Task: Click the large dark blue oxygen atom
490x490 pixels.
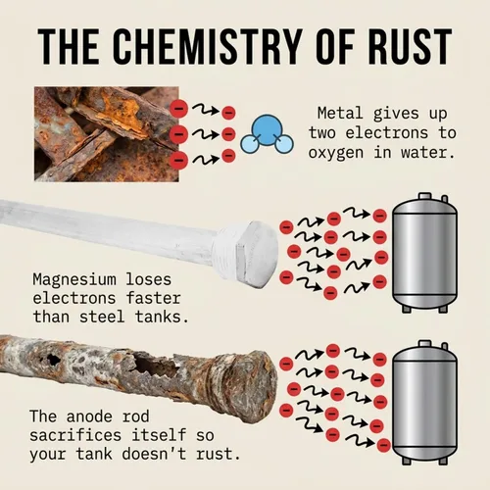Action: pyautogui.click(x=267, y=129)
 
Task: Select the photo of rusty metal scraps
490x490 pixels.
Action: pyautogui.click(x=107, y=134)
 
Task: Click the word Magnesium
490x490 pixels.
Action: pyautogui.click(x=74, y=279)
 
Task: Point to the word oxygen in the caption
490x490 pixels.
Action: pyautogui.click(x=336, y=153)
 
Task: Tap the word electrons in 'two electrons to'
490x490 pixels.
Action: pyautogui.click(x=387, y=133)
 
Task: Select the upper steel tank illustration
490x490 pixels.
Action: pyautogui.click(x=424, y=253)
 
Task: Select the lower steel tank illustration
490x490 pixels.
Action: pyautogui.click(x=424, y=402)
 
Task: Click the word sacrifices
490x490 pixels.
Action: pyautogui.click(x=75, y=435)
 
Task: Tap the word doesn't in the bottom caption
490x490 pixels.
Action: pyautogui.click(x=154, y=454)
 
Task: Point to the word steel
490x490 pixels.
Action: pyautogui.click(x=102, y=317)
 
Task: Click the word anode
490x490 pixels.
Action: pyautogui.click(x=89, y=416)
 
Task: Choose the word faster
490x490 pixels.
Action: pyautogui.click(x=154, y=298)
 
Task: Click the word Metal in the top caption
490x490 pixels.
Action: pyautogui.click(x=340, y=113)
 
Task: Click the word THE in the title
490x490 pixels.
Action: pyautogui.click(x=69, y=46)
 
